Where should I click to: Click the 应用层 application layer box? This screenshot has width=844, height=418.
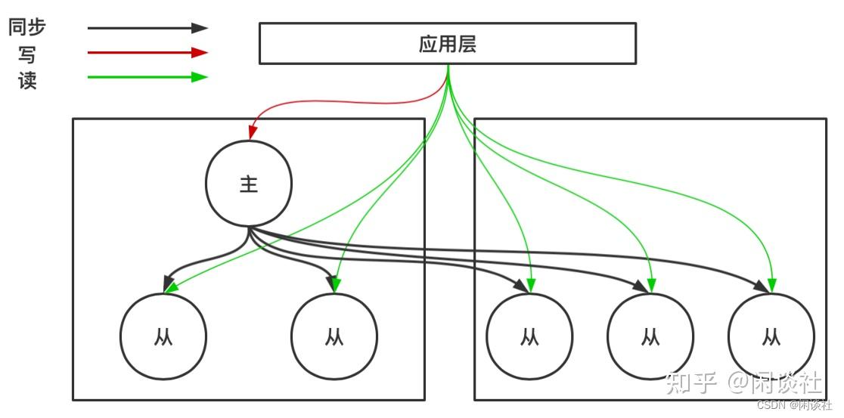(447, 43)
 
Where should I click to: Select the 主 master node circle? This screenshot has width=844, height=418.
(249, 184)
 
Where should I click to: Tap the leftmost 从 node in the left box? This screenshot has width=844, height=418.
(163, 336)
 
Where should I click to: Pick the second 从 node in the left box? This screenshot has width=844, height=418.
(334, 336)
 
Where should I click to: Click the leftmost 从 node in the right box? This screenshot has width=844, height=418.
(529, 336)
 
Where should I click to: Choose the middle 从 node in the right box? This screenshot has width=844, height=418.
(650, 336)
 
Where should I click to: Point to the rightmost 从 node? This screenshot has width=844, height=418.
(771, 336)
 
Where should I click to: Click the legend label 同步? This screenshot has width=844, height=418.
(27, 28)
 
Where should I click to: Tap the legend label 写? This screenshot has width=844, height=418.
(27, 54)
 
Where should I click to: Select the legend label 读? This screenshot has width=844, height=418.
(27, 79)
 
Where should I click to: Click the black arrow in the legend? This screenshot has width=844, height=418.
(147, 28)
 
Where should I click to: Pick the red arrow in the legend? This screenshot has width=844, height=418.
(147, 52)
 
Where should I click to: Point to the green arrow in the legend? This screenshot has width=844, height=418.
(147, 76)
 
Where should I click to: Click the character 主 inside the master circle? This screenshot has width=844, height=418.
(249, 184)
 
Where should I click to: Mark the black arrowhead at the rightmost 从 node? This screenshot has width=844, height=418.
(759, 286)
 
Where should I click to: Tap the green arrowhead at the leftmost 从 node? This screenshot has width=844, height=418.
(171, 287)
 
